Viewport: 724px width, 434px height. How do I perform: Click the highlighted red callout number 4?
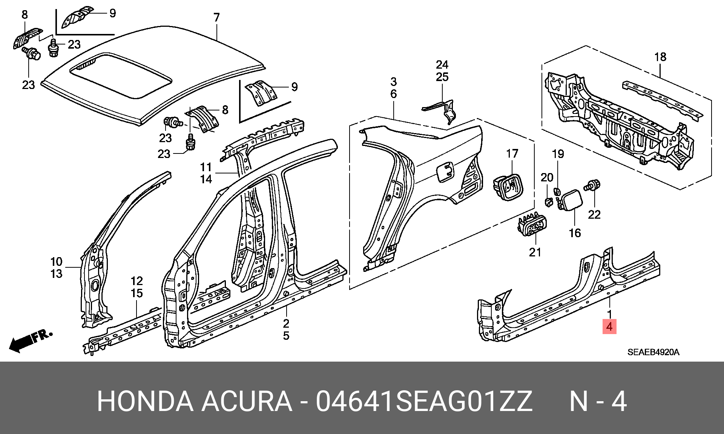point(610,327)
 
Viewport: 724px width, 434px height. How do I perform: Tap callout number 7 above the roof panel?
point(216,18)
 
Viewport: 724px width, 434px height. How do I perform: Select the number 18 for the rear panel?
point(660,57)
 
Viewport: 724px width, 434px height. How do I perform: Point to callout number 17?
point(512,154)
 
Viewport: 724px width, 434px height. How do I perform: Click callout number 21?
point(535,252)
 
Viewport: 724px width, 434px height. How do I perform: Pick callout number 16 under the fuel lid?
point(575,233)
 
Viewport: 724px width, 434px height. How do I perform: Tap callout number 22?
point(594,214)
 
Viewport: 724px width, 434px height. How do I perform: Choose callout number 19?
point(558,154)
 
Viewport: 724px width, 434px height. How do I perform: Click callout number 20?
point(547,177)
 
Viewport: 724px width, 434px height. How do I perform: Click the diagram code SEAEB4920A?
point(653,353)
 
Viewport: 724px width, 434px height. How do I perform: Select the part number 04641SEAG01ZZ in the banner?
point(424,402)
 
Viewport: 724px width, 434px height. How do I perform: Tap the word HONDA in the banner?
point(146,402)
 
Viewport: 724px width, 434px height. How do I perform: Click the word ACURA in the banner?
point(247,402)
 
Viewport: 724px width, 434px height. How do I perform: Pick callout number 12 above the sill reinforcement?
point(137,281)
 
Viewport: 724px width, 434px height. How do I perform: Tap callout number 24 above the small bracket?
point(442,64)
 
